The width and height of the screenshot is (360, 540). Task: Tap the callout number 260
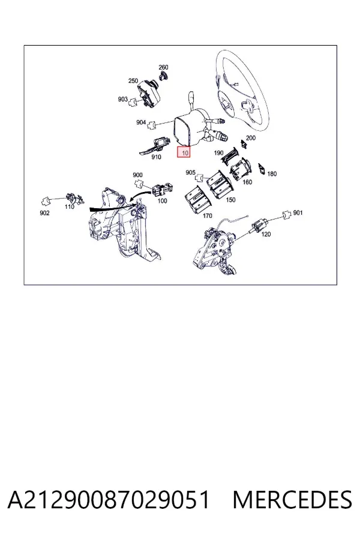[x=163, y=67]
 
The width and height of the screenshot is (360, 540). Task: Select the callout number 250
[x=133, y=81]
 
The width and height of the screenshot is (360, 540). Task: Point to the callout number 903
[x=122, y=99]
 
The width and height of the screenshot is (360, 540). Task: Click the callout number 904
[x=141, y=122]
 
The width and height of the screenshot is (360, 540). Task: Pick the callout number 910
[x=156, y=157]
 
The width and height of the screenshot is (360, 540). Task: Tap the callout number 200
[x=251, y=138]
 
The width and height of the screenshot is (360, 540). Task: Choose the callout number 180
[x=272, y=174]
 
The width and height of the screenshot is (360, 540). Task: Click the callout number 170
[x=208, y=216]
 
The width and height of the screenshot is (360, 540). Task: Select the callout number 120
[x=266, y=234]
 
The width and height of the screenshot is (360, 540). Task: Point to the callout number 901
[x=298, y=213]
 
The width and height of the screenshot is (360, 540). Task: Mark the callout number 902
[x=44, y=213]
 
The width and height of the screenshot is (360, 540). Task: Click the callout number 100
[x=162, y=201]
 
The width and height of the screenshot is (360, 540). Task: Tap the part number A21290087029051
[x=109, y=500]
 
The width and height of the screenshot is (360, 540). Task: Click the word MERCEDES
[x=292, y=500]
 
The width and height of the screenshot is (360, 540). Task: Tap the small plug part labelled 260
[x=163, y=76]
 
